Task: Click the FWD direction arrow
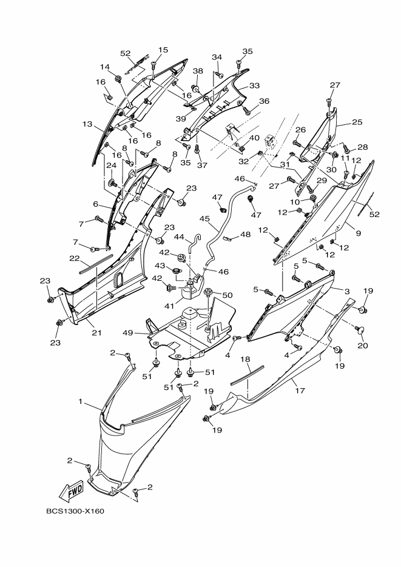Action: (71, 489)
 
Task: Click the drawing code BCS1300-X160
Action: (75, 511)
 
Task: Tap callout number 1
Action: (80, 402)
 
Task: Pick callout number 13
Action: (87, 124)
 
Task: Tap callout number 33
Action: (254, 86)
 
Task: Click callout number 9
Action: (358, 233)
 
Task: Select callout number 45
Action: (204, 219)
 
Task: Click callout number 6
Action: (95, 204)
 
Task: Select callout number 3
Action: (348, 292)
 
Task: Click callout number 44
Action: (180, 237)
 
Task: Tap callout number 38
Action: (198, 71)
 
